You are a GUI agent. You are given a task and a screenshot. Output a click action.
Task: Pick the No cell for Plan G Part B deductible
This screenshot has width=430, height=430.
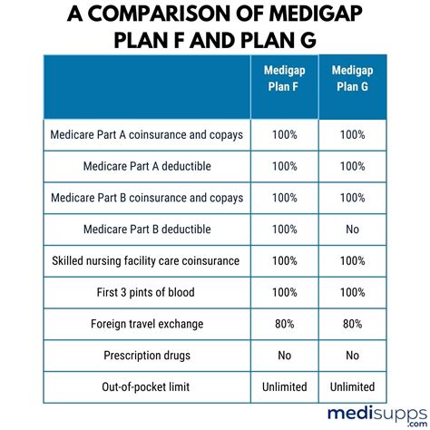tap(353, 230)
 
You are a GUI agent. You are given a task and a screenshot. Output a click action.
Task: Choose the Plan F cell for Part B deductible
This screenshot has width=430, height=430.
tap(284, 230)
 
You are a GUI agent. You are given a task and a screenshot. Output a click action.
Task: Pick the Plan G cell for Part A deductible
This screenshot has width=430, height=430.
tap(353, 166)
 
